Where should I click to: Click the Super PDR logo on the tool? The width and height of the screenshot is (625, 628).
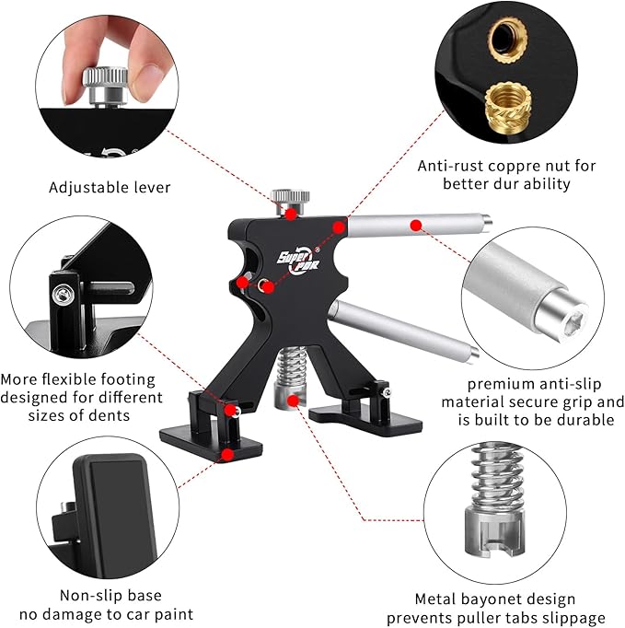coord(298,262)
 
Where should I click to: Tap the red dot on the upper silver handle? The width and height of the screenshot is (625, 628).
coord(416,226)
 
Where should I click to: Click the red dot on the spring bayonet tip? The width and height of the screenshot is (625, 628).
coord(294,401)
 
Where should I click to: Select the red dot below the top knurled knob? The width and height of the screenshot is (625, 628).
coord(291,214)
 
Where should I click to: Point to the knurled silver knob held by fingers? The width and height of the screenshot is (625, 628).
coord(105,84)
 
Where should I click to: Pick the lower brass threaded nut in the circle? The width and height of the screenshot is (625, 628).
coord(507,105)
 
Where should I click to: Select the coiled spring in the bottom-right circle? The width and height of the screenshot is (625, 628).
coord(497,476)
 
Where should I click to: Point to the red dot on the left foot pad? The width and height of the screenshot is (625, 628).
coord(228,454)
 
